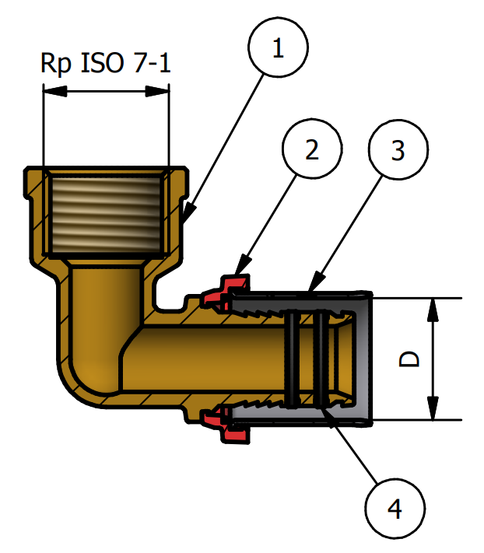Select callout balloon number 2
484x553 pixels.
click(x=312, y=150)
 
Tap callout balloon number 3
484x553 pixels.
click(x=398, y=151)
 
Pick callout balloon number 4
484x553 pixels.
click(x=395, y=509)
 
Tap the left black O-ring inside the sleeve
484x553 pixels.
click(x=293, y=359)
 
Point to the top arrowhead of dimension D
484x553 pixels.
click(x=432, y=306)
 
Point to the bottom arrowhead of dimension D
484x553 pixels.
click(x=432, y=412)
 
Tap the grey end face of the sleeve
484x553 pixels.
click(x=363, y=359)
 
